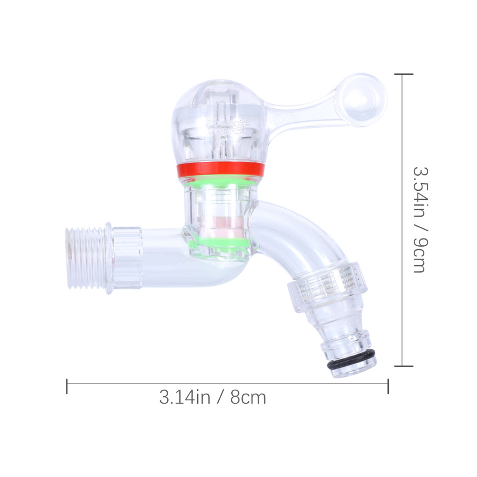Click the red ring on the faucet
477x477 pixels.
coord(220,169)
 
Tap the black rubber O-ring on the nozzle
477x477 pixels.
coord(351,360)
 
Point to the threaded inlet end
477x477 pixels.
coord(86,257)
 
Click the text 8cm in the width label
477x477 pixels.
coord(248,397)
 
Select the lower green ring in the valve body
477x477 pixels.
coord(220,242)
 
